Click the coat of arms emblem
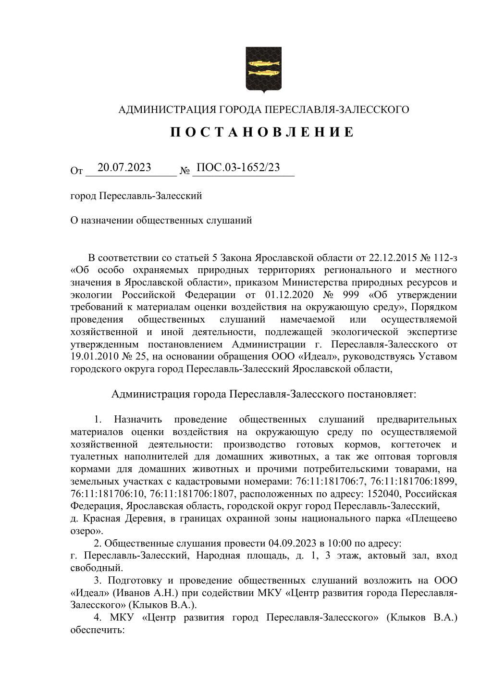tap(263, 69)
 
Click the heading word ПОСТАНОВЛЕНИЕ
tap(262, 132)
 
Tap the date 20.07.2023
tap(124, 167)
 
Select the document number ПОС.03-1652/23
tap(238, 167)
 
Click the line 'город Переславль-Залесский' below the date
tap(136, 196)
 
